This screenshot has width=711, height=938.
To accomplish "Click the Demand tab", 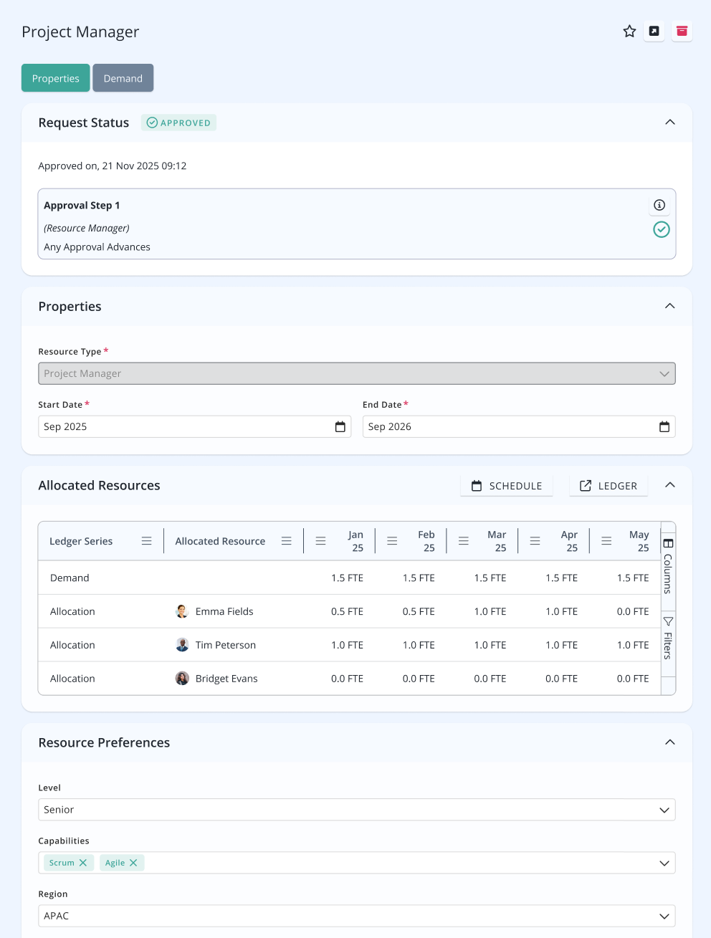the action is coord(123,78).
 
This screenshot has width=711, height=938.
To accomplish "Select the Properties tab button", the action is coord(56,78).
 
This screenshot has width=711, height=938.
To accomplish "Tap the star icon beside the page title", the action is coord(629,32).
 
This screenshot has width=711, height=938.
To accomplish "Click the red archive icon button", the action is coord(682,32).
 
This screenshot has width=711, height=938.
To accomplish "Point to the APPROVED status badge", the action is coord(178,123).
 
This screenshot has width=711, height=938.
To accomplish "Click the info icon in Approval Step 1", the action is coord(659,205).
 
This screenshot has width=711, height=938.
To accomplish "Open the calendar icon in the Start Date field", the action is coord(340,426).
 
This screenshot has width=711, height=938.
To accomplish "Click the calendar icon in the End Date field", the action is coord(664,426).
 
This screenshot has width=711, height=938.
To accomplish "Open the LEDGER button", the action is coord(609,485).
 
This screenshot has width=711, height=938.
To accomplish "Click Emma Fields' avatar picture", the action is coord(182,611).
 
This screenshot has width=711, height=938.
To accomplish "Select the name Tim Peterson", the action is coord(226,645).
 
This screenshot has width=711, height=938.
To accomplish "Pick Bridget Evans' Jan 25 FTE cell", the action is coord(347,678).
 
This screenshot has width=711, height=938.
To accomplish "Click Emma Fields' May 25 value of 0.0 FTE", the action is coord(633,611).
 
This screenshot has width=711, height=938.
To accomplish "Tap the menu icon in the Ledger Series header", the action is coord(146,541).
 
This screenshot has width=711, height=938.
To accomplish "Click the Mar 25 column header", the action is coord(497,541).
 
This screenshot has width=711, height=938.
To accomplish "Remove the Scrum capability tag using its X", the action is coord(83,862).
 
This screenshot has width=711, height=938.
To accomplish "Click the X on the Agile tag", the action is coord(133,862).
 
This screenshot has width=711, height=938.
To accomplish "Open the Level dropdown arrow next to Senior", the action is coord(664,810).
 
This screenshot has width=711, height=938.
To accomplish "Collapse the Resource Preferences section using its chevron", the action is coord(670,742).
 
